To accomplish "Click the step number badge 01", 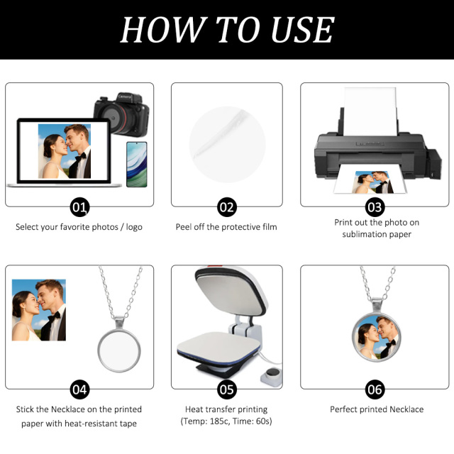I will (x=80, y=207).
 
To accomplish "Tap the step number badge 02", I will (x=226, y=207).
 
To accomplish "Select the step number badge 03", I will (x=375, y=207).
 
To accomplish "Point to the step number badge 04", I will (x=80, y=389).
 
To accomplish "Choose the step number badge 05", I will (x=226, y=389).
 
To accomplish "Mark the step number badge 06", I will (x=375, y=389).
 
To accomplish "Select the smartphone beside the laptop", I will (x=136, y=164).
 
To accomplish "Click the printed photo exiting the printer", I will (x=371, y=182).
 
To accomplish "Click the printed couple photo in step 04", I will (x=39, y=309).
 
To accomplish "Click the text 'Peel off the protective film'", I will (x=226, y=227).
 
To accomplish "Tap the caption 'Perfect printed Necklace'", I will (x=377, y=409).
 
